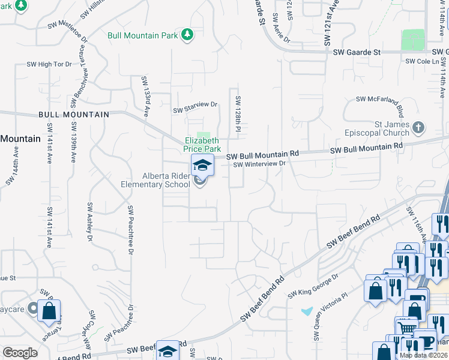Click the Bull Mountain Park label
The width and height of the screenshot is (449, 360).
142,35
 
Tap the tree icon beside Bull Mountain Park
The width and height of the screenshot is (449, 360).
187,35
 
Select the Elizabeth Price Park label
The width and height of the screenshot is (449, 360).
203,145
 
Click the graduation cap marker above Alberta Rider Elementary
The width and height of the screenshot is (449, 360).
202,165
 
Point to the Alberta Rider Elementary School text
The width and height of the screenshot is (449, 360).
157,180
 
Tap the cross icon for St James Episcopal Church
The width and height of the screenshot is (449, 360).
419,127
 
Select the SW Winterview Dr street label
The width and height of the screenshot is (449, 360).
258,164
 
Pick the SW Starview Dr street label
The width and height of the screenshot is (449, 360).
195,107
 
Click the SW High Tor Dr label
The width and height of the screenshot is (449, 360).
49,64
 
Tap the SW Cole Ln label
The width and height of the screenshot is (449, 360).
422,61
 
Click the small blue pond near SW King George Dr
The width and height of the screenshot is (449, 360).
307,311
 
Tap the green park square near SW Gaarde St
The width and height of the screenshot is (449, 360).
412,40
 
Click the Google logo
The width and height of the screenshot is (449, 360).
20,353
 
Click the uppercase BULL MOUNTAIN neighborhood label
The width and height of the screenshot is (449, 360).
74,114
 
